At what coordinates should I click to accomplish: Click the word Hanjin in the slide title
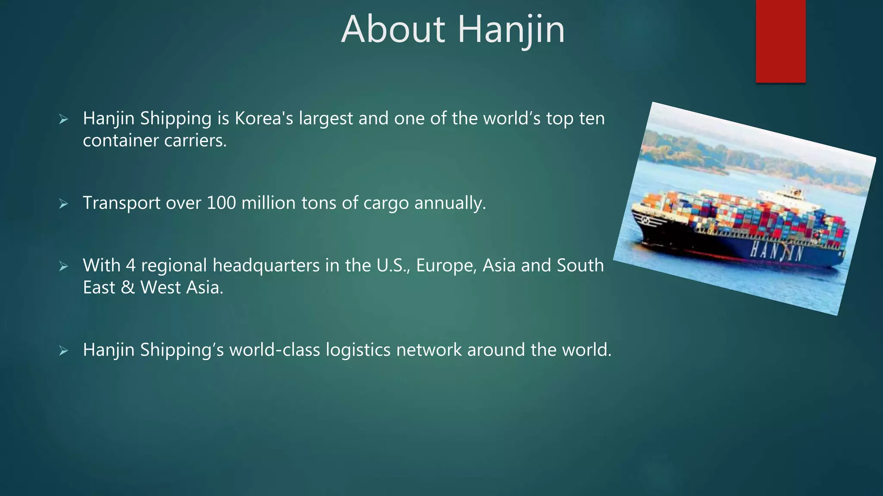coord(511,30)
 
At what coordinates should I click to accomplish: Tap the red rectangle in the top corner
coord(780,41)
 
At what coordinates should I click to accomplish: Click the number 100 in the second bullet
coord(221,203)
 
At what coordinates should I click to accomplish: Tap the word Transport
coord(121,203)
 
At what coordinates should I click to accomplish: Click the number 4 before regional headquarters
coord(131,265)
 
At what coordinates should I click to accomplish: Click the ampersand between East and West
coord(128,288)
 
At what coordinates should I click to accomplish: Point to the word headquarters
coord(266,266)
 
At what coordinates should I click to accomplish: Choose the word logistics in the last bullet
coord(358,350)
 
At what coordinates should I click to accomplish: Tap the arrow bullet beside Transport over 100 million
coord(64,204)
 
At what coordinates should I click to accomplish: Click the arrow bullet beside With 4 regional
coord(64,266)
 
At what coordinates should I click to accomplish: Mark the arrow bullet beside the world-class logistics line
coord(64,350)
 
